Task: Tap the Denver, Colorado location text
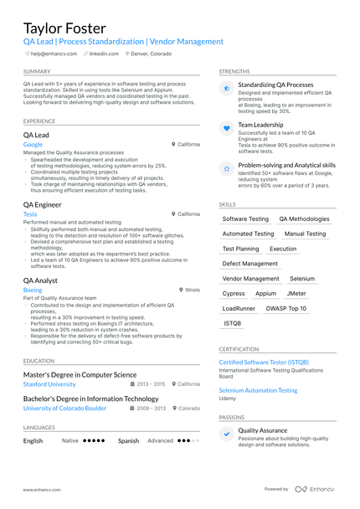click(152, 53)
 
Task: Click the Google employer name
click(33, 144)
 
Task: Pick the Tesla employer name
click(30, 213)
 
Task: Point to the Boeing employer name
click(33, 290)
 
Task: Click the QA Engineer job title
click(43, 204)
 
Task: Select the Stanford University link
click(49, 383)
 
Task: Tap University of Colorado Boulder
click(64, 408)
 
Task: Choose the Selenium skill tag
click(302, 278)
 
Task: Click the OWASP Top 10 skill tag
click(286, 308)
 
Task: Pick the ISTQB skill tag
click(232, 323)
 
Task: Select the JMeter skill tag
click(296, 293)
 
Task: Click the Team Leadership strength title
click(260, 125)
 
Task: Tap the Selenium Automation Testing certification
click(258, 390)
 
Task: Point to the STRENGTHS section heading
click(234, 71)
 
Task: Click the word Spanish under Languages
click(128, 440)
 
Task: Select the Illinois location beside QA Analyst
click(192, 290)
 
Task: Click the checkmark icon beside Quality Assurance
click(226, 434)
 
